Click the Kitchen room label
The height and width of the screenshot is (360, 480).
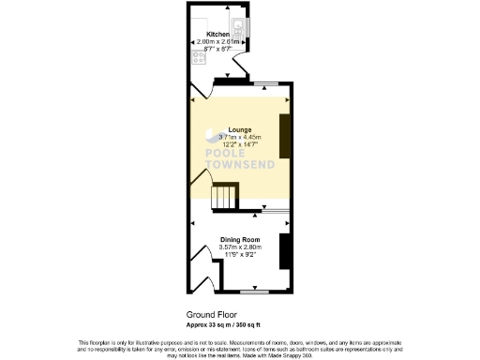coord(217,36)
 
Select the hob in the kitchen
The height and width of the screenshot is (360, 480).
coord(199,56)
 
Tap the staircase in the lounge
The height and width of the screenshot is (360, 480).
coord(225,198)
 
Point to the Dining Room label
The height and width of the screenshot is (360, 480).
coord(239,240)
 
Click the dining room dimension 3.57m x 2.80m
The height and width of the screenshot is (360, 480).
coord(239,247)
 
